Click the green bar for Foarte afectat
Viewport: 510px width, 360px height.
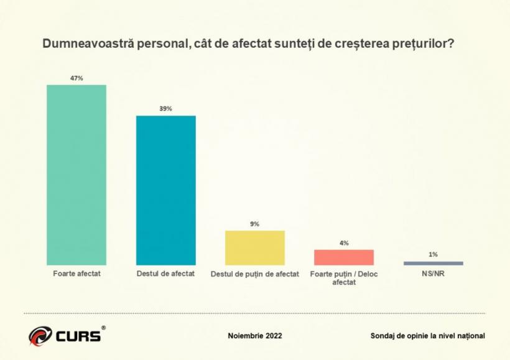[x=77, y=175]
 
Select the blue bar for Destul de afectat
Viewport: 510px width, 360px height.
[x=166, y=190]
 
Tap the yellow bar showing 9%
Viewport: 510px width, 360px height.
[x=255, y=248]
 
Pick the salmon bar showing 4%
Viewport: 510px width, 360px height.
[x=344, y=257]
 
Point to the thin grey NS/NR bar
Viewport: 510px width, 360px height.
[x=433, y=263]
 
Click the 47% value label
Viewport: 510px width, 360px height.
[x=77, y=78]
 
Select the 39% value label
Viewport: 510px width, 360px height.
[x=166, y=109]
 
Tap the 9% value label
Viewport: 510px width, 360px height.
[x=255, y=224]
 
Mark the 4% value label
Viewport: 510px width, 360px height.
[x=344, y=243]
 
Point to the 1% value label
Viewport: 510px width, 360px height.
[x=433, y=254]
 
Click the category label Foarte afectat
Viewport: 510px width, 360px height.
[x=77, y=274]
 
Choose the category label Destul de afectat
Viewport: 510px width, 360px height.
[x=166, y=274]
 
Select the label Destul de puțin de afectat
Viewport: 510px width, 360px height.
[x=255, y=274]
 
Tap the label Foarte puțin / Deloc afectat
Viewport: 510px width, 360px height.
[x=344, y=277]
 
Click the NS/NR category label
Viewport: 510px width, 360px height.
[x=433, y=274]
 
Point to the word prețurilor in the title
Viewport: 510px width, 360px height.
[x=427, y=45]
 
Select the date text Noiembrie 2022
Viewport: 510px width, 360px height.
[x=255, y=336]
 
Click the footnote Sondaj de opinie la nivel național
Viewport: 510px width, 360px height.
[x=427, y=336]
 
